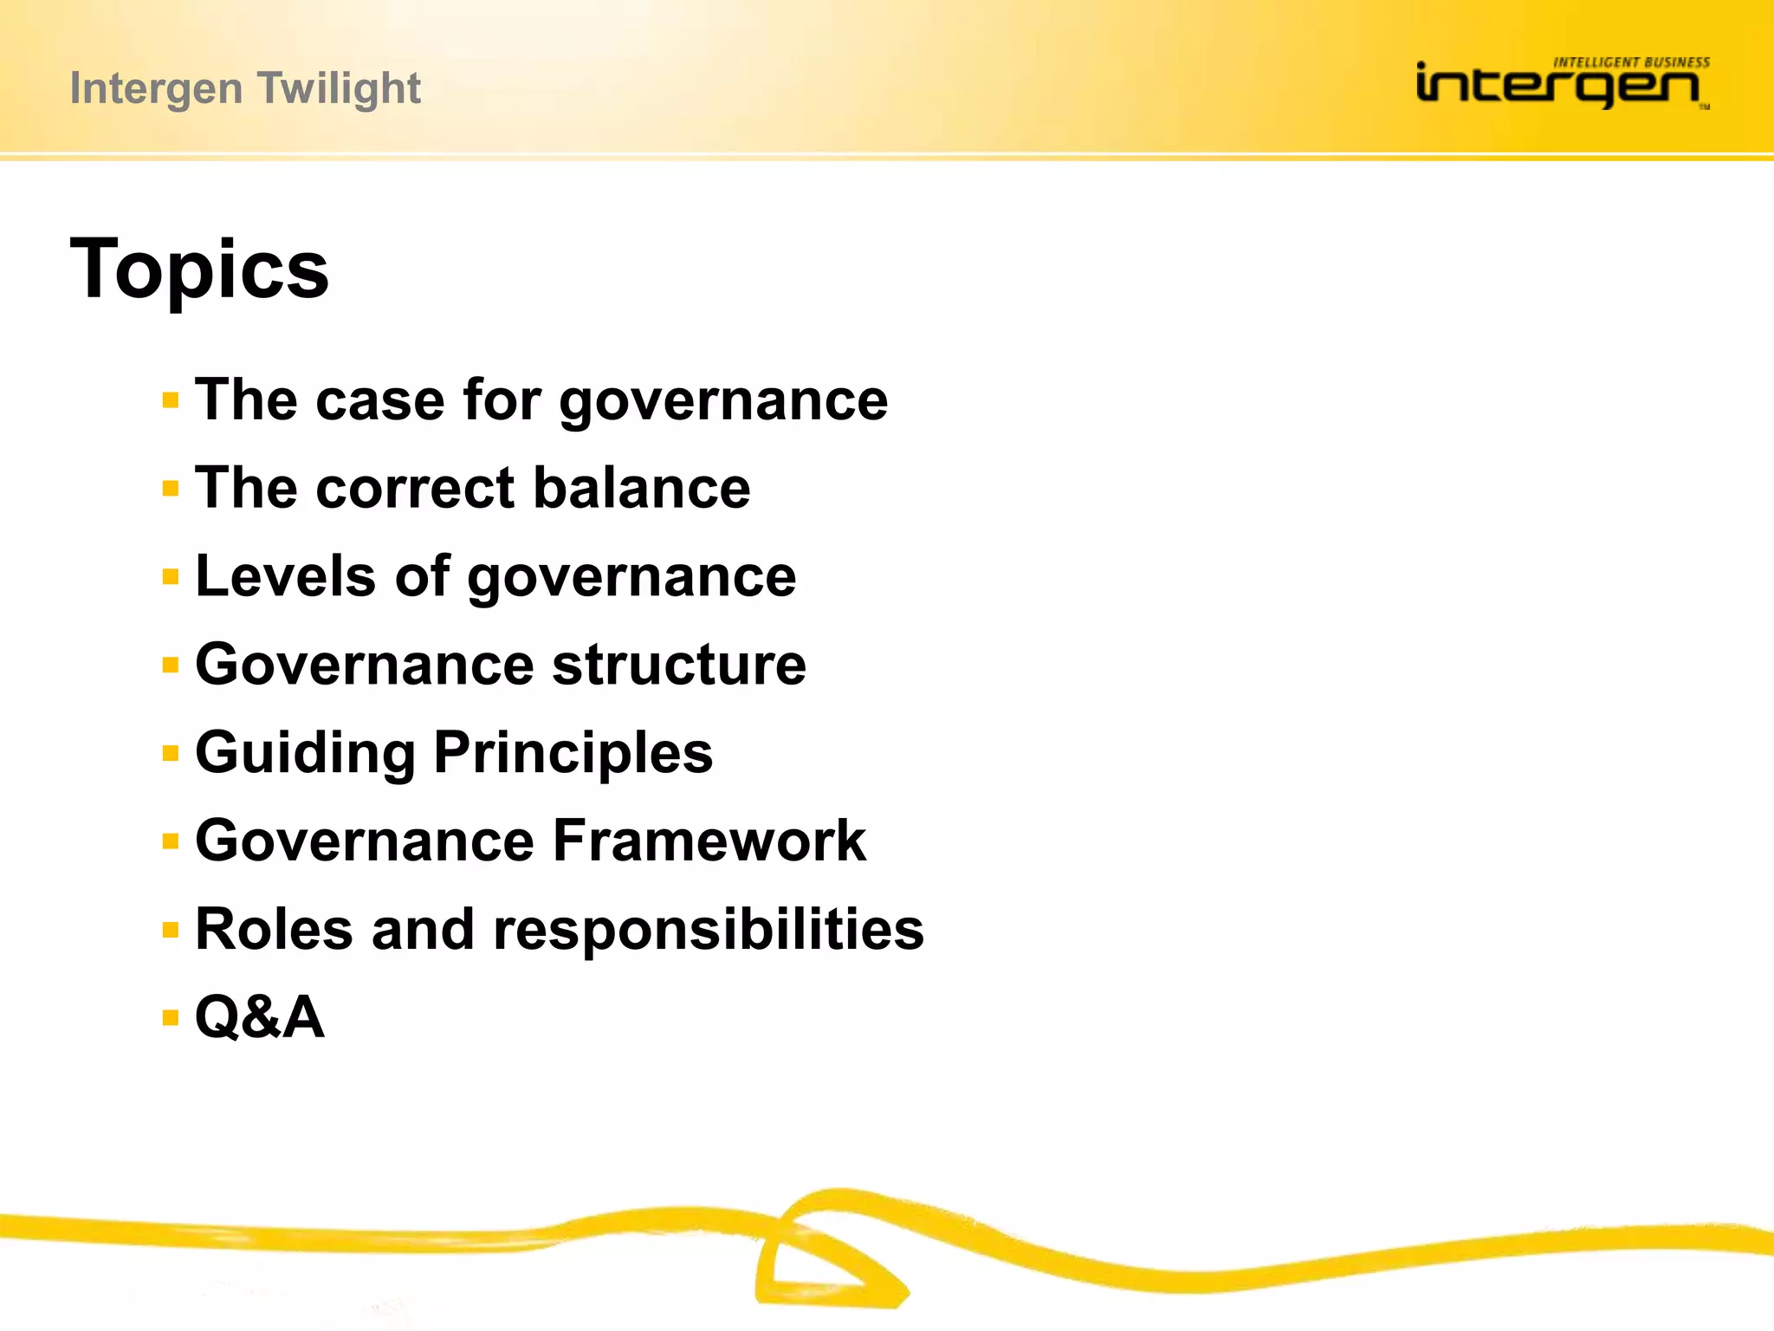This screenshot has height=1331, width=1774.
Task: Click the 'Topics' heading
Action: pos(199,269)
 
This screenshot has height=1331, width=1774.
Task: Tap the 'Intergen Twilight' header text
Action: pos(245,88)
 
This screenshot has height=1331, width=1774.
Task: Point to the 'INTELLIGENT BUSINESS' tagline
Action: pos(1631,62)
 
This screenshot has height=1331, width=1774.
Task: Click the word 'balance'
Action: pos(642,488)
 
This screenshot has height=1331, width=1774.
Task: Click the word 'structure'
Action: pos(679,665)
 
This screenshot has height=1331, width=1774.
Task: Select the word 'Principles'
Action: pos(573,753)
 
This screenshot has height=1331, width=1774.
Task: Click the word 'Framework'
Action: pos(709,841)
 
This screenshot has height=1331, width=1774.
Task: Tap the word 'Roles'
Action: pos(275,929)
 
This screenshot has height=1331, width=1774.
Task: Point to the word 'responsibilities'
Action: pos(708,929)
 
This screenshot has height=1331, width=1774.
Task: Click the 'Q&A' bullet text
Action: pos(260,1016)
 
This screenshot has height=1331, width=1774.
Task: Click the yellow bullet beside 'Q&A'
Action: pos(171,1017)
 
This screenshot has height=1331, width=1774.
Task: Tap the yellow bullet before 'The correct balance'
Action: pos(171,489)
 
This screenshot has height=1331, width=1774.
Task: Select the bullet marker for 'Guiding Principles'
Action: pos(171,753)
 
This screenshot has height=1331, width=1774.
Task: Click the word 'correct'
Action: pos(416,488)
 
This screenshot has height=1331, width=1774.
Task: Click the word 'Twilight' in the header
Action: pos(339,88)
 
